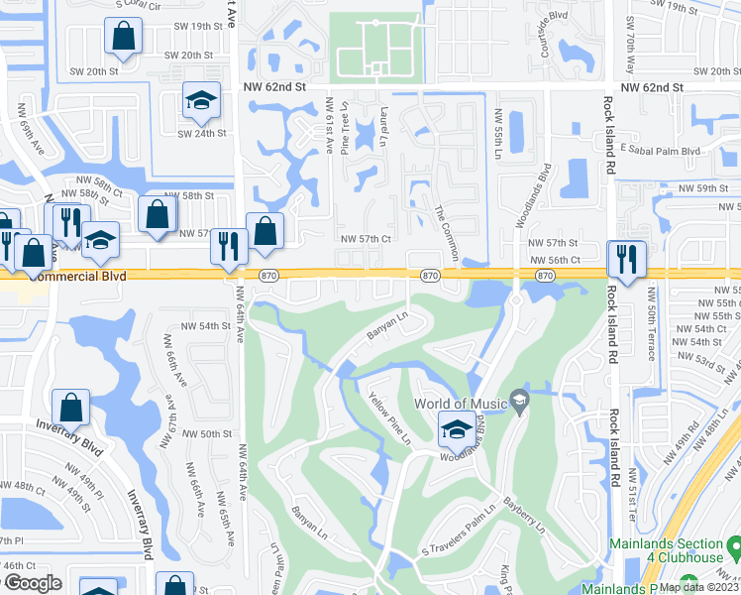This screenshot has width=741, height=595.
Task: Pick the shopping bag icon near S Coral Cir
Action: pos(125,37)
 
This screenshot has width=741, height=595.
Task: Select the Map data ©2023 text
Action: pos(698,587)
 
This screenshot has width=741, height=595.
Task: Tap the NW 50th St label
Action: pos(201,434)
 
